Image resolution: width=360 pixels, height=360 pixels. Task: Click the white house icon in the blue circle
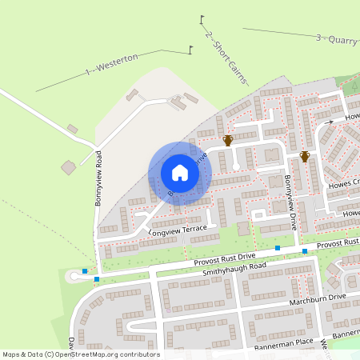click(x=180, y=172)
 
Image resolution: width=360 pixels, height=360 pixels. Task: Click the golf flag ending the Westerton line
click(x=190, y=49)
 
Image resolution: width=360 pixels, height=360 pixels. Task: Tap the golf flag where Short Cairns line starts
click(x=202, y=18)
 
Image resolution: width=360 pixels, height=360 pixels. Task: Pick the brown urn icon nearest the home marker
click(x=228, y=141)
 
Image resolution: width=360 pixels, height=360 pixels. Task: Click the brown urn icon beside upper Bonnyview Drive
click(x=304, y=156)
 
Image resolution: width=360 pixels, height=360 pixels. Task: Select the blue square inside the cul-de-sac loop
click(x=85, y=271)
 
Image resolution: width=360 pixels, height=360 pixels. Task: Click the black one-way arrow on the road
click(x=329, y=122)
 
